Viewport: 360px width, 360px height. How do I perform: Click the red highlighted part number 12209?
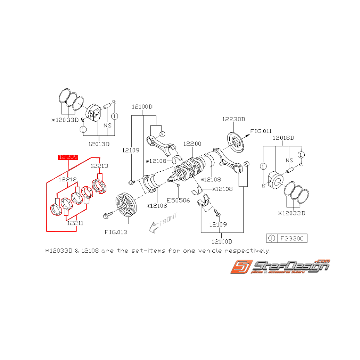coord(68,157)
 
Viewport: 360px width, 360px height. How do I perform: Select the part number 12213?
coord(100,166)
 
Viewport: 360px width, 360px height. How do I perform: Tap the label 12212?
coord(68,179)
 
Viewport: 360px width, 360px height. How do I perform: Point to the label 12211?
coord(75,223)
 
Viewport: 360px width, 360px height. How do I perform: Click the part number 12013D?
coord(99,144)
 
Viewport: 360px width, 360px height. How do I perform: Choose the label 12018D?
coord(283,138)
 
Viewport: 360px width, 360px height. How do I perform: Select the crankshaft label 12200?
coord(192,143)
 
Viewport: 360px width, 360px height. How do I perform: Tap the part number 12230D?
coord(234,119)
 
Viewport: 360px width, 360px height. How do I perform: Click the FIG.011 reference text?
coord(261,131)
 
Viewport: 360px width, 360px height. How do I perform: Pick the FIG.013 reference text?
coord(116,232)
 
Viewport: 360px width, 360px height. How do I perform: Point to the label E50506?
coord(179,200)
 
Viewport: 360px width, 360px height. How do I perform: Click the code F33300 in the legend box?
coord(292,238)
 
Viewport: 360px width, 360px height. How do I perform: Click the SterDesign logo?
coord(280,266)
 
